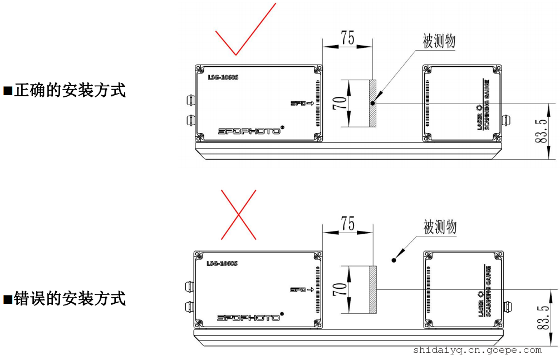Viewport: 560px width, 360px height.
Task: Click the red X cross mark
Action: click(x=238, y=214)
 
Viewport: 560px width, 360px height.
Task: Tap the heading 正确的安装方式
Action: click(x=69, y=90)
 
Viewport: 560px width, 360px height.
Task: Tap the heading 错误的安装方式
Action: click(x=69, y=299)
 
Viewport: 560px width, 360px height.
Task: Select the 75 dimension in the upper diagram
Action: click(x=347, y=38)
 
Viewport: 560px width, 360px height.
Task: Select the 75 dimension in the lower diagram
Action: click(x=347, y=224)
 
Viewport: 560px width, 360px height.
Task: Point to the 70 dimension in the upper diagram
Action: click(x=340, y=103)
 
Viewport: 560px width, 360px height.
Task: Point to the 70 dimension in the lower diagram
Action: click(x=340, y=289)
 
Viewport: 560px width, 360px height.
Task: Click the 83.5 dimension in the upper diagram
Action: click(x=542, y=131)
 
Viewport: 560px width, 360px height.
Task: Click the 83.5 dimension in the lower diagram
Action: click(x=543, y=317)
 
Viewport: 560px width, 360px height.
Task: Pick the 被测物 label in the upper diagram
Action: click(x=439, y=41)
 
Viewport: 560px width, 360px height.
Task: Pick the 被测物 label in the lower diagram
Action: click(x=440, y=226)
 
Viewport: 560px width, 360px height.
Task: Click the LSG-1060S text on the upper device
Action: click(x=223, y=77)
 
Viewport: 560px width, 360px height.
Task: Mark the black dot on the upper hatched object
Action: click(x=372, y=103)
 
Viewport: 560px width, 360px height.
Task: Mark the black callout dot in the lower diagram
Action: click(x=394, y=260)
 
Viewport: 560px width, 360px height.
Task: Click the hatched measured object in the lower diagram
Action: click(x=373, y=290)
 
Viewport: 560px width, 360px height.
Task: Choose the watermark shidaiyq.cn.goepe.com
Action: click(x=478, y=350)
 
